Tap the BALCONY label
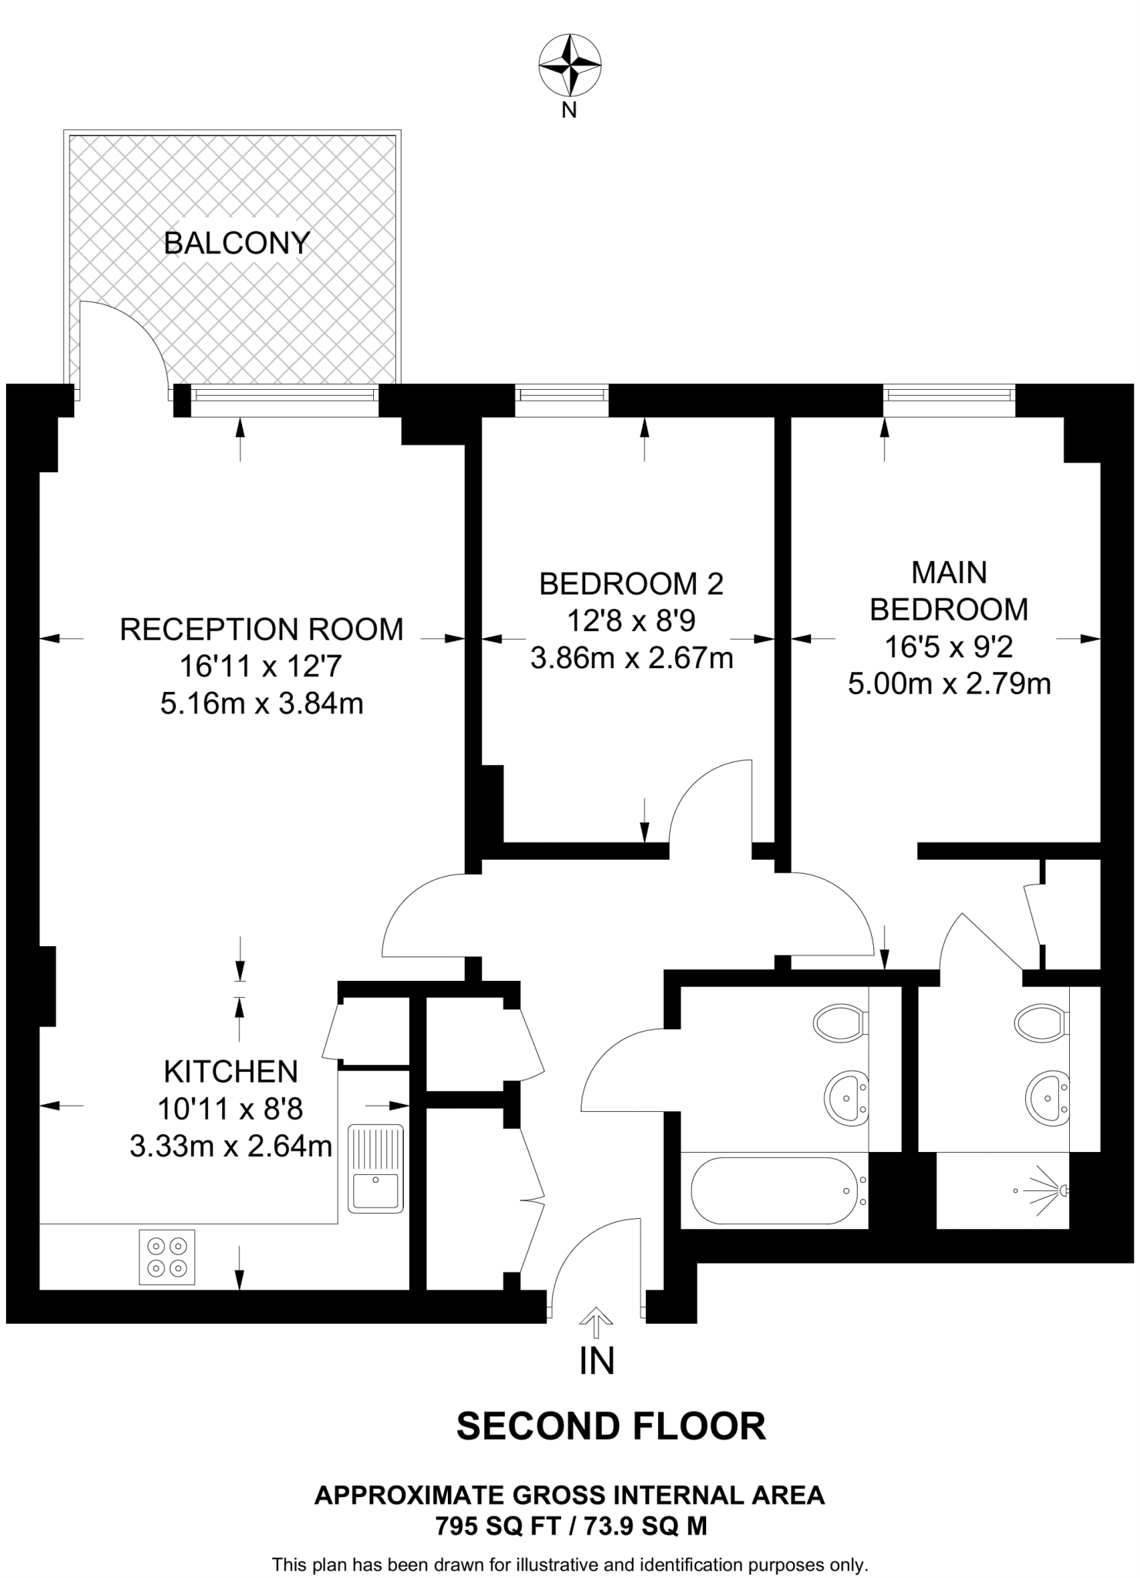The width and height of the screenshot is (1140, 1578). coord(237,243)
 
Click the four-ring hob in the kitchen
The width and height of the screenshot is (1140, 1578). coord(167,1257)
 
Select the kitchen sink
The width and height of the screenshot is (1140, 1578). coord(376,1168)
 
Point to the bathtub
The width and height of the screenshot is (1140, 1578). coord(773,1190)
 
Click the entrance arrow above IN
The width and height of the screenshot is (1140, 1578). coord(596,1324)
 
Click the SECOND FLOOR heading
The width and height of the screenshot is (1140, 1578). coord(611,1426)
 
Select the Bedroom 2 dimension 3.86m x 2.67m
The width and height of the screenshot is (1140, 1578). coord(631,658)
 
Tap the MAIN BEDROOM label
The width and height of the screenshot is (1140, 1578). coord(949,591)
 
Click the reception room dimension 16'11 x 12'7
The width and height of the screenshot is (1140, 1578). coord(261,666)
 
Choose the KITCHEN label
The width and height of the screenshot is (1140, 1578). coord(230,1072)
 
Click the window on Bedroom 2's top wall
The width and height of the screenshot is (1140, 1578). coord(562,395)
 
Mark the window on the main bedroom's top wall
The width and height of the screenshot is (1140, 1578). coord(949,395)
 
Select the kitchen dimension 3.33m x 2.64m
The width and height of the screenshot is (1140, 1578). coord(230,1147)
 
